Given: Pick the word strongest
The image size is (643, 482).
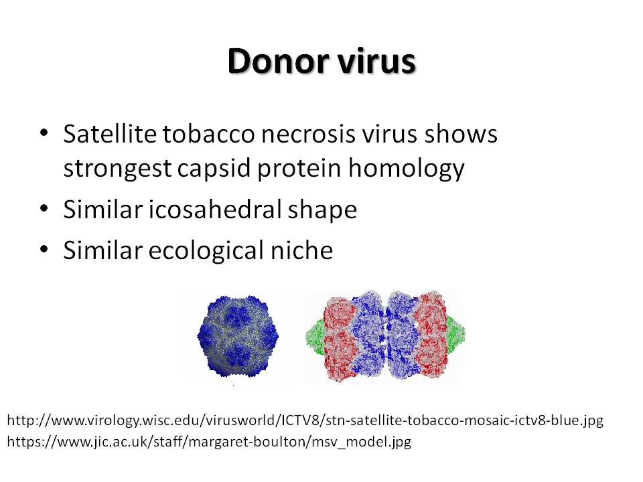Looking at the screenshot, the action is pos(117,169).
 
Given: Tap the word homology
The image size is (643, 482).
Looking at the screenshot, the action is pos(407,169).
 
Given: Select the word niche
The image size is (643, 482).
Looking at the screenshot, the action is pos(301,250).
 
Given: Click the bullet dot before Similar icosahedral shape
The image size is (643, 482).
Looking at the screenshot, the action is pos(44,208).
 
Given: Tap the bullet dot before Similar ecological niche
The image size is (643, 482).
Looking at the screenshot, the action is pos(44,249).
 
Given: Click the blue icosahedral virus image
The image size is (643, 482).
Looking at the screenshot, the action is pos(238,336).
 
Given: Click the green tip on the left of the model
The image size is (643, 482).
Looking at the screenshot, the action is pos(315,337).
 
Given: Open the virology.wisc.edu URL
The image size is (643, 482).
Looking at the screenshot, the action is pos(305,420).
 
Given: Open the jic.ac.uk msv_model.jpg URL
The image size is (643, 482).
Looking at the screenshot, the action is pos(209,442).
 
